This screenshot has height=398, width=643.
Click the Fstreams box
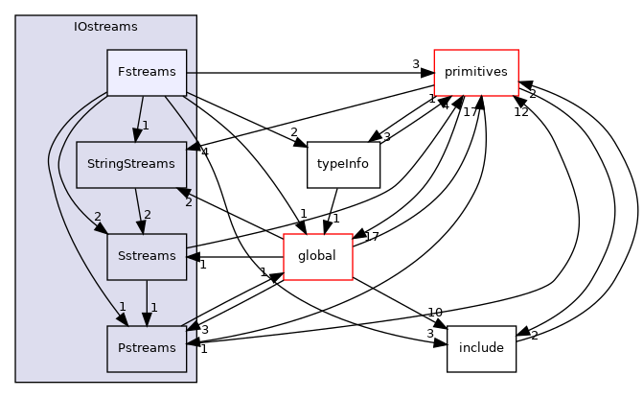pyautogui.click(x=146, y=72)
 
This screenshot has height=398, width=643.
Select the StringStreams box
pyautogui.click(x=130, y=164)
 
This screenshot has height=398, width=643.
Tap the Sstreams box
pyautogui.click(x=146, y=256)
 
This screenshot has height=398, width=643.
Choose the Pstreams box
pyautogui.click(x=146, y=348)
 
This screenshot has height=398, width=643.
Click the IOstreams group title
pyautogui.click(x=105, y=26)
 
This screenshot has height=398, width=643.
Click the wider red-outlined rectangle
pyautogui.click(x=475, y=73)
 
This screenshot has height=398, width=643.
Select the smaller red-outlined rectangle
pyautogui.click(x=318, y=257)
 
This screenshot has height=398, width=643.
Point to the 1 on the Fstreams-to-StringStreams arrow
pyautogui.click(x=145, y=126)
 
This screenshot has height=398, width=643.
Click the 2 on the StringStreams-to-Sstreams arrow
pyautogui.click(x=147, y=215)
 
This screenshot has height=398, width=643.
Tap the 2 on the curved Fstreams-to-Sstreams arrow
pyautogui.click(x=98, y=217)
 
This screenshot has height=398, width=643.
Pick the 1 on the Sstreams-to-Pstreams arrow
pyautogui.click(x=153, y=308)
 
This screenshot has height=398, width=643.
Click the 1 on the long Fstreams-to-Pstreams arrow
pyautogui.click(x=122, y=307)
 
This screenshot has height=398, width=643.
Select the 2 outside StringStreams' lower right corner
pyautogui.click(x=189, y=202)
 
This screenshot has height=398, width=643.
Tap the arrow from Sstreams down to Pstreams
pyautogui.click(x=146, y=299)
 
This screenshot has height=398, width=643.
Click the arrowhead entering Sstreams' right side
pyautogui.click(x=192, y=256)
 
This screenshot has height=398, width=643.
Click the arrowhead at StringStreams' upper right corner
pyautogui.click(x=192, y=146)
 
